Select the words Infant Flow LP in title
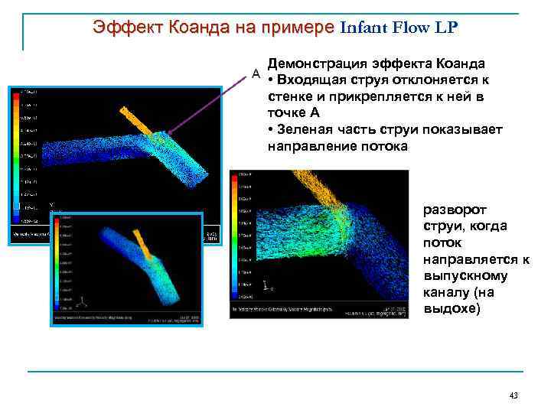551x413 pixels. [x=399, y=28]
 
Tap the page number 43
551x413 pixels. [x=514, y=395]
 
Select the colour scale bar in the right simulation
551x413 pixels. [x=235, y=233]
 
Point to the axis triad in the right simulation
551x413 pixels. [x=265, y=286]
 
